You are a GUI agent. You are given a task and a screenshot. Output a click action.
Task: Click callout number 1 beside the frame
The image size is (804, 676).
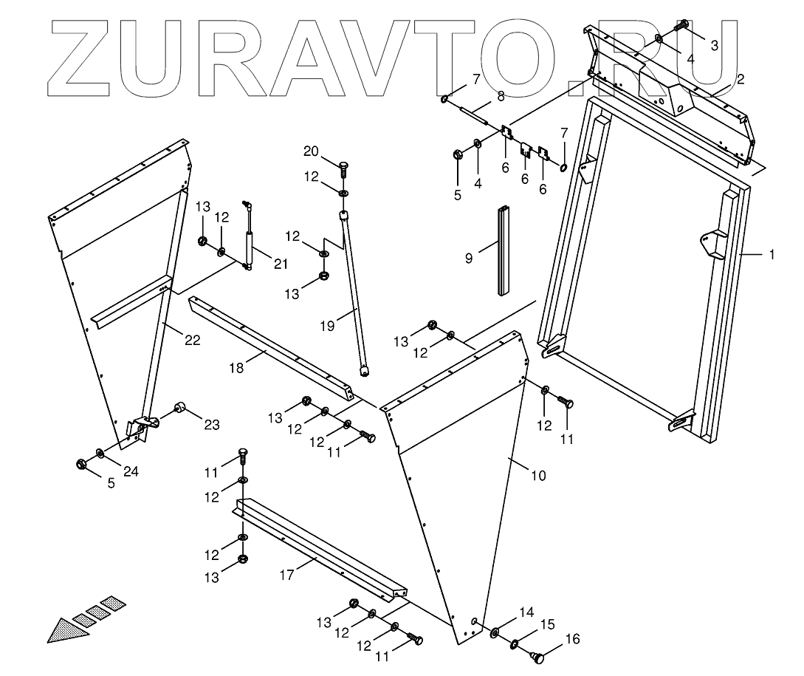[772, 254]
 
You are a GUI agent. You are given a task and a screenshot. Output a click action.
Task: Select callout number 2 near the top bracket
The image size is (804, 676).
[740, 78]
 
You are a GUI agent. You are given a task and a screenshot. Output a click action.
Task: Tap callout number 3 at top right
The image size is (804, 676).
[714, 45]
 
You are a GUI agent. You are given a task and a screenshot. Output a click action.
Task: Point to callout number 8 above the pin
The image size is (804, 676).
[501, 95]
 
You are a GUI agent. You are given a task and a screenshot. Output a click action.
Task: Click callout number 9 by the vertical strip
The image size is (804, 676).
[469, 258]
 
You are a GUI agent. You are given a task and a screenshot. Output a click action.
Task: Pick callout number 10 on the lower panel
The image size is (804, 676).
[539, 475]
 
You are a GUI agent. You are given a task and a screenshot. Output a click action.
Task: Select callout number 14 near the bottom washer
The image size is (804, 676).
[526, 612]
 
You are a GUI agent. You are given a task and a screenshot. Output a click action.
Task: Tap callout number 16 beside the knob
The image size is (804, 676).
[572, 639]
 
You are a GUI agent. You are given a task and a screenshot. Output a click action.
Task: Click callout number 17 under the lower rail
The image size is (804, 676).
[287, 573]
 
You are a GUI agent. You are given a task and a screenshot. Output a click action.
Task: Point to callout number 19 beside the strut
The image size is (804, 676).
[327, 324]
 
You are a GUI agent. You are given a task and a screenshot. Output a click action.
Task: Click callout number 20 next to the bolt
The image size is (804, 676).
[311, 151]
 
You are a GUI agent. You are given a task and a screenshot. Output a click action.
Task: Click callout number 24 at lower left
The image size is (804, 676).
[131, 473]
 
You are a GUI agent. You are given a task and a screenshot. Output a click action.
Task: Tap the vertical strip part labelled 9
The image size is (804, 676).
[503, 250]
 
